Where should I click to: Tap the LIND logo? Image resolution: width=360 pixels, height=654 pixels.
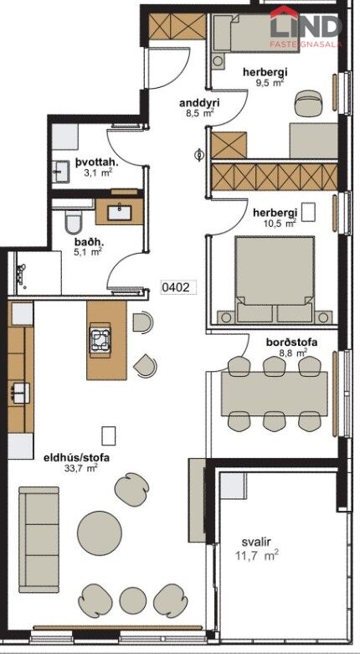tap(306, 26)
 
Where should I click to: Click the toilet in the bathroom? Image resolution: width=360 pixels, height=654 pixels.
tap(74, 221)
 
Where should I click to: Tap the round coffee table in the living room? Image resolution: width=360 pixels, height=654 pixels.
tap(100, 533)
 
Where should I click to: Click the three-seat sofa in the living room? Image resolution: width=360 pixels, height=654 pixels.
tap(39, 539)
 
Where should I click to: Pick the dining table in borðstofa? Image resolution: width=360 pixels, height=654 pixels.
tap(274, 394)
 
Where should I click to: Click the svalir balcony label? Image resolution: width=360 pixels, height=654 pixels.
tap(256, 543)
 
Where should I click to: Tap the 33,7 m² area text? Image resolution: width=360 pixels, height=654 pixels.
tap(78, 468)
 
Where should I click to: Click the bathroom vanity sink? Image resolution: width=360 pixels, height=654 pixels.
tap(120, 212)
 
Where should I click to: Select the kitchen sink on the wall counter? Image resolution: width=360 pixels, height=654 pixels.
tap(21, 393)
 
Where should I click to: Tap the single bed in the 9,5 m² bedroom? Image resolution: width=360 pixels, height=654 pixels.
tap(255, 33)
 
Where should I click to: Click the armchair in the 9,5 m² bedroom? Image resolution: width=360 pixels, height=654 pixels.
tap(309, 103)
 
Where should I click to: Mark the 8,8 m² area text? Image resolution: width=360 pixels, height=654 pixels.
tap(293, 353)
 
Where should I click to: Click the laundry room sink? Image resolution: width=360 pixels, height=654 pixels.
tap(63, 171)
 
